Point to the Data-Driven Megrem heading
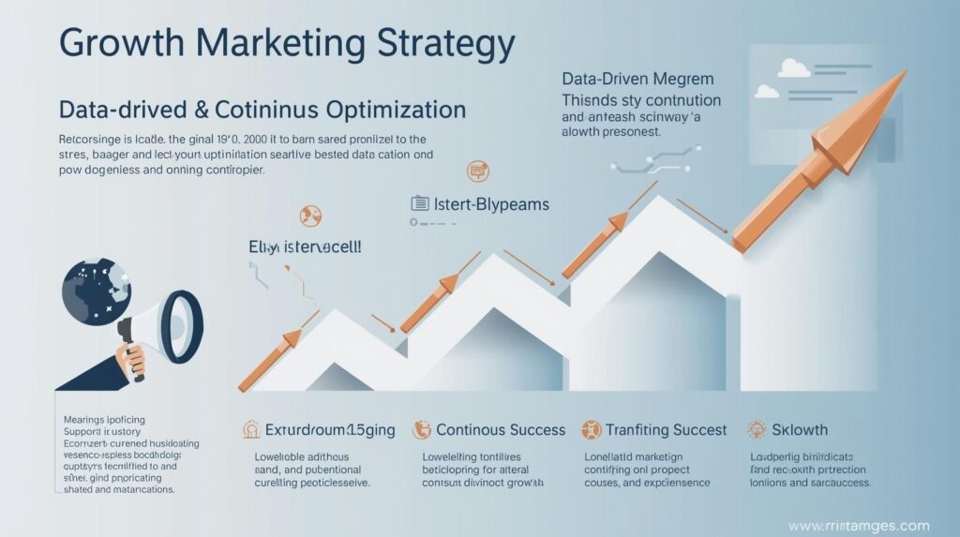[637, 79]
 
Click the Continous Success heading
[501, 430]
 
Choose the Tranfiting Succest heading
[667, 430]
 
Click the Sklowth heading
[800, 430]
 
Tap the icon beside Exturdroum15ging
[251, 430]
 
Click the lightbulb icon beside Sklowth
[757, 429]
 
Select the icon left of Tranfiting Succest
[591, 430]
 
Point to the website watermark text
[858, 526]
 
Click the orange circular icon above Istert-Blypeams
[477, 171]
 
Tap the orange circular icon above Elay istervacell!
[310, 216]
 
